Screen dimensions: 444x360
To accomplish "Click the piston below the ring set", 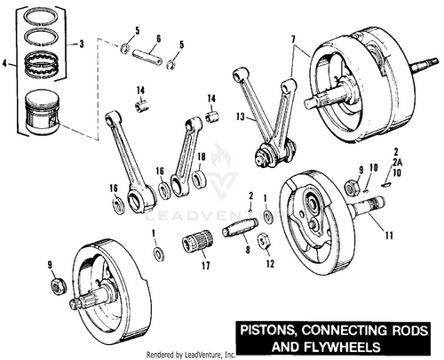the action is pos(43,112).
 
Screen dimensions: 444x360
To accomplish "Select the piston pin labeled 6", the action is pos(147,57).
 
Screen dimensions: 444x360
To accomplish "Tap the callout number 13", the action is pos(241,116).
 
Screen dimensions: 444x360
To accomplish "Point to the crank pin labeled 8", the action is pos(240,228).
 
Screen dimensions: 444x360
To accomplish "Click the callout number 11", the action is pos(389,236).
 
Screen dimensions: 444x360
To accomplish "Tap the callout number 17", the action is pos(206,266).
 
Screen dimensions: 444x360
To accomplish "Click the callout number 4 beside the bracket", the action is pos(4,63).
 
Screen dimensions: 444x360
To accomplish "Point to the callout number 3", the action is pos(81,44).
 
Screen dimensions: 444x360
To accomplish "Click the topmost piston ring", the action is pos(42,18).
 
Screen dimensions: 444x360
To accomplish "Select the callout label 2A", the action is pos(399,162).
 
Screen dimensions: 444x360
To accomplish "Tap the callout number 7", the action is pos(293,40).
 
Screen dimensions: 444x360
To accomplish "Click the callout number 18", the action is pos(202,156).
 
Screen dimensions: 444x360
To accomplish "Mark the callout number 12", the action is pos(270,264).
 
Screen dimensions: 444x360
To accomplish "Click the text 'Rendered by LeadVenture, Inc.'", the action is pos(191,354).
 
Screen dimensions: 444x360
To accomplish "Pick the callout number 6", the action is pos(158,39).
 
